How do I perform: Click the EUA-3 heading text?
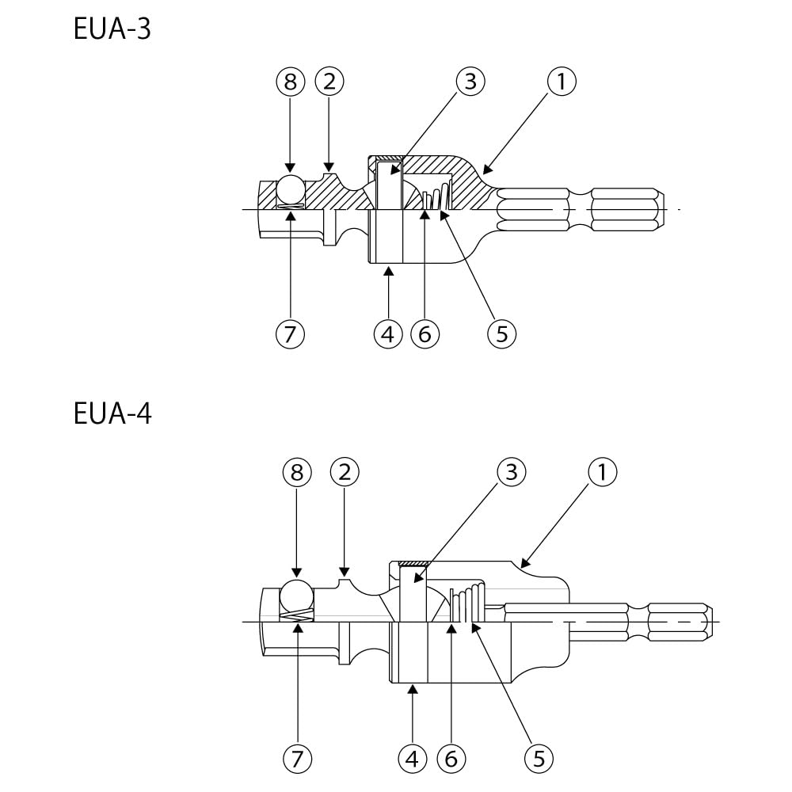pyautogui.click(x=112, y=30)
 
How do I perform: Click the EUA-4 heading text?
pyautogui.click(x=112, y=413)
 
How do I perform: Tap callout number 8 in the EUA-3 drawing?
pyautogui.click(x=290, y=81)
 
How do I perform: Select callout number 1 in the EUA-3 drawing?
pyautogui.click(x=562, y=81)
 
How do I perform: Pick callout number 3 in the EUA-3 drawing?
pyautogui.click(x=470, y=81)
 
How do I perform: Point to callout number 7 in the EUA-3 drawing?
pyautogui.click(x=290, y=334)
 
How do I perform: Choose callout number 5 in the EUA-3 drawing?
pyautogui.click(x=501, y=334)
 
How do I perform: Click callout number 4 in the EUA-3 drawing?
pyautogui.click(x=387, y=334)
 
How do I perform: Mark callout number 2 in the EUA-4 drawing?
pyautogui.click(x=345, y=473)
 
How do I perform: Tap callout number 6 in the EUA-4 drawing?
pyautogui.click(x=451, y=760)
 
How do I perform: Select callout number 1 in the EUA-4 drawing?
pyautogui.click(x=602, y=473)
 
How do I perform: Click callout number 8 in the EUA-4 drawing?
pyautogui.click(x=297, y=473)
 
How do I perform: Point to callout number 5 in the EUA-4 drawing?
pyautogui.click(x=539, y=760)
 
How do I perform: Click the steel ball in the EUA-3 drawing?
pyautogui.click(x=290, y=189)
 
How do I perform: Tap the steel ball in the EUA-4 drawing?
pyautogui.click(x=298, y=595)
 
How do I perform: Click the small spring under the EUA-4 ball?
pyautogui.click(x=298, y=615)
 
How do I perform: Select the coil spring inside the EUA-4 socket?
pyautogui.click(x=468, y=604)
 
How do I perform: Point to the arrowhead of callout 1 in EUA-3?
pyautogui.click(x=485, y=169)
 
